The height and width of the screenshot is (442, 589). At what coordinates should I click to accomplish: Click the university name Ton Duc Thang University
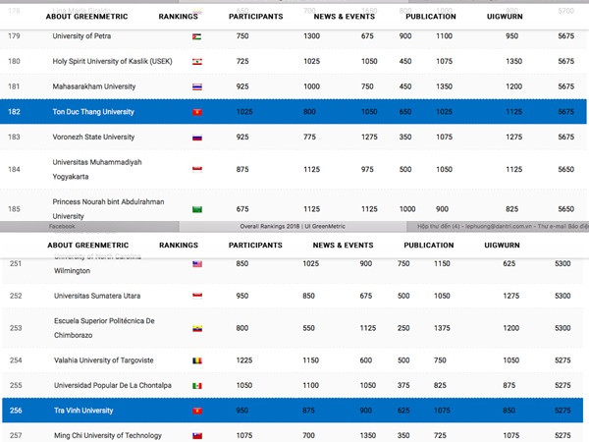click(93, 112)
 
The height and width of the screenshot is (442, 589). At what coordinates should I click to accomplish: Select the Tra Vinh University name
click(83, 411)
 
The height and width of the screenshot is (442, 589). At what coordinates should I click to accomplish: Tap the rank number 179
click(14, 35)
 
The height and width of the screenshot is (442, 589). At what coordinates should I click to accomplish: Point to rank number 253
click(16, 327)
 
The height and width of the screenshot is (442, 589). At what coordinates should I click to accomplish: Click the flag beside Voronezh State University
click(197, 137)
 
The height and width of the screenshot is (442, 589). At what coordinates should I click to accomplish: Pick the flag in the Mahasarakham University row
click(197, 86)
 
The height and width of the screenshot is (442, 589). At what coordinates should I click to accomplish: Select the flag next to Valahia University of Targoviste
click(197, 360)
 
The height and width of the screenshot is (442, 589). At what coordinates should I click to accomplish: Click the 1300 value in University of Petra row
click(311, 35)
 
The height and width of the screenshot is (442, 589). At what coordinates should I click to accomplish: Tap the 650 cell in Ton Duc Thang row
click(405, 112)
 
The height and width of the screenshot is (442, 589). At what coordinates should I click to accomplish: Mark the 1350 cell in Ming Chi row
click(366, 435)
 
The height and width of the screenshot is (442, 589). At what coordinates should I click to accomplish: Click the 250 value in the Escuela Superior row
click(403, 327)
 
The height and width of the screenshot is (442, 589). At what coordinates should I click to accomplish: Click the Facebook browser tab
click(62, 226)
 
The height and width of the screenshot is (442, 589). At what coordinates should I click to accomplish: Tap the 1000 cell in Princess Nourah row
click(406, 208)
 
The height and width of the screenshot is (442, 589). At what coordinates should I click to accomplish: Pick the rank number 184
click(14, 169)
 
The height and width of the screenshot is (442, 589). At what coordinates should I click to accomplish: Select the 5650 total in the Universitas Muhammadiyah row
click(565, 169)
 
